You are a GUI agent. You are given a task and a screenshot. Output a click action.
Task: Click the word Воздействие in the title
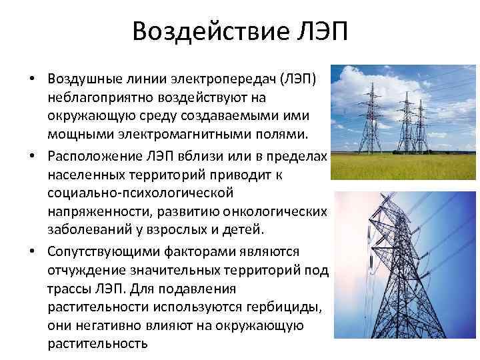[x=211, y=31]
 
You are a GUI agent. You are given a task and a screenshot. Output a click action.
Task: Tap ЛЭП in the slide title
[x=323, y=31]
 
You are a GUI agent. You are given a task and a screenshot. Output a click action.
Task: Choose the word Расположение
[x=94, y=157]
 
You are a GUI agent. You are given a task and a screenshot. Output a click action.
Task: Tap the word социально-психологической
[x=141, y=193]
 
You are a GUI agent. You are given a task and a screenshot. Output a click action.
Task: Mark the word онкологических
[x=275, y=212]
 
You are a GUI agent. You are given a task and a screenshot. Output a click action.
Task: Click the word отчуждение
[x=87, y=270]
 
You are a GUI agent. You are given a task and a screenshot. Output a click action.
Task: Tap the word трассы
[x=69, y=289]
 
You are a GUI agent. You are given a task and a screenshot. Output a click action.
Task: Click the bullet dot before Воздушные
[x=32, y=79]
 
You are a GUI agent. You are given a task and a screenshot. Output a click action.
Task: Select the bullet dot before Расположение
[x=32, y=156]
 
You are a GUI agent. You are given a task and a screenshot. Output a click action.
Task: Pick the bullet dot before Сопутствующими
[x=32, y=251]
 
